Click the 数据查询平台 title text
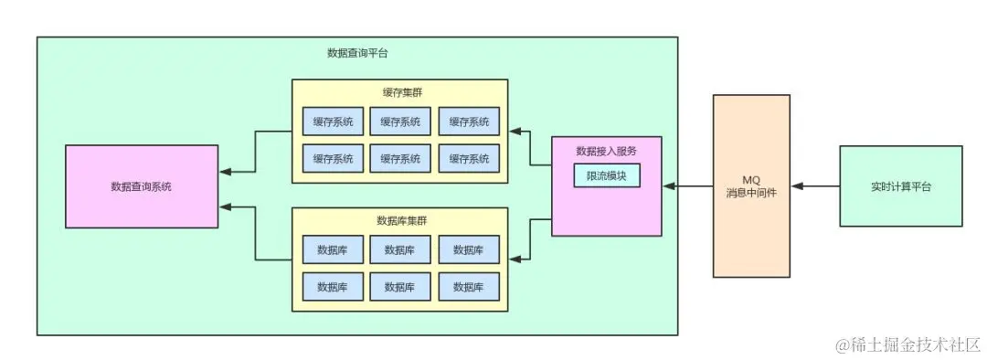tap(356, 53)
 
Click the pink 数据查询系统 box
tap(142, 186)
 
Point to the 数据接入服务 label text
tap(606, 151)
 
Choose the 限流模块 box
tap(606, 175)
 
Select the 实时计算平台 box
tap(900, 186)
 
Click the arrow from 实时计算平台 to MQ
tap(815, 186)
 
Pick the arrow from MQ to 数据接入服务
tap(687, 186)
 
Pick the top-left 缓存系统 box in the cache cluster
tap(333, 122)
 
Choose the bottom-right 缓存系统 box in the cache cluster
tap(469, 158)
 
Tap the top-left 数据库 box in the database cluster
tap(333, 249)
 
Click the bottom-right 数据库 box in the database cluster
tap(469, 286)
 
